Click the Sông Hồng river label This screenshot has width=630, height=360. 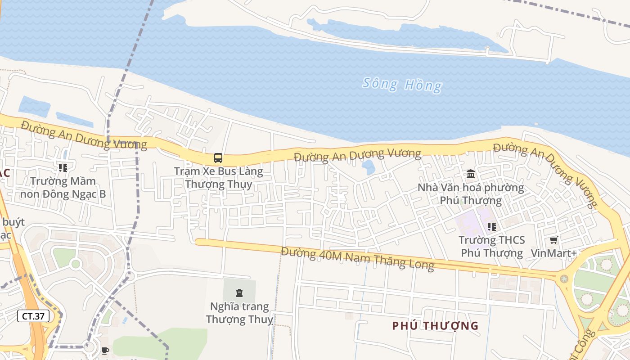(x=402, y=84)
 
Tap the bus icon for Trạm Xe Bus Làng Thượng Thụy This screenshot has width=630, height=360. (x=218, y=158)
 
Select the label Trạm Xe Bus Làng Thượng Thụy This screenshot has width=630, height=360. (x=218, y=178)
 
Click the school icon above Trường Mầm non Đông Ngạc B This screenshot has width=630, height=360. (x=63, y=168)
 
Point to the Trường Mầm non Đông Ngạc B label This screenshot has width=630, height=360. (x=63, y=188)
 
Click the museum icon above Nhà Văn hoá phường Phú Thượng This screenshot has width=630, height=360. (x=471, y=174)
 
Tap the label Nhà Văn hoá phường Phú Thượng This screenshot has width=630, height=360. (x=471, y=193)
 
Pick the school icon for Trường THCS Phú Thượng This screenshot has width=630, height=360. (x=491, y=227)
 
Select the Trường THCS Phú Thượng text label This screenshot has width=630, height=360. (x=491, y=247)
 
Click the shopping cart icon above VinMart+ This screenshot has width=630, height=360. (x=553, y=240)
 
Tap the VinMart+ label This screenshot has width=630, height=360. (x=553, y=253)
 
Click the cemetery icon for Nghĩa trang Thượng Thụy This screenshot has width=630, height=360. (x=239, y=293)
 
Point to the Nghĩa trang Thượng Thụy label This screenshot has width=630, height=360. (x=239, y=313)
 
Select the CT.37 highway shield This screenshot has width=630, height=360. (x=33, y=316)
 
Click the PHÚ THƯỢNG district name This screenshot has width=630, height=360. (x=435, y=326)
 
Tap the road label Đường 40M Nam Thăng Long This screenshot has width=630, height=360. (x=357, y=258)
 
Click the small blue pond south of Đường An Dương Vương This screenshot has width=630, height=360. (x=369, y=167)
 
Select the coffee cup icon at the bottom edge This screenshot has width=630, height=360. (x=105, y=351)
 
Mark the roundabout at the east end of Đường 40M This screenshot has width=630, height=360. (x=564, y=279)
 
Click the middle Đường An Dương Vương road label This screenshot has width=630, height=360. (x=357, y=156)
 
